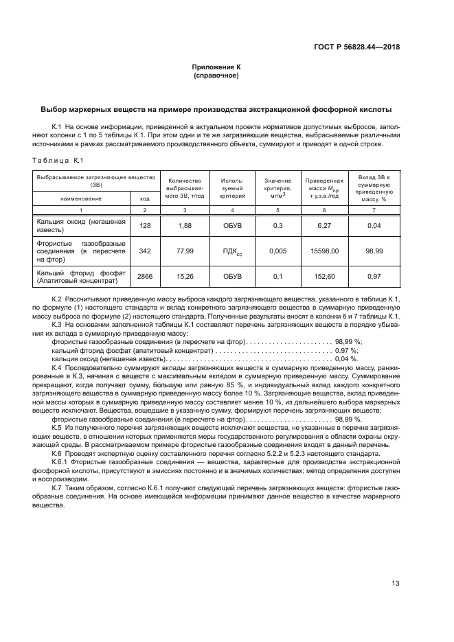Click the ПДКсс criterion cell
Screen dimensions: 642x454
point(231,252)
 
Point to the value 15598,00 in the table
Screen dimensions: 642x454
point(324,251)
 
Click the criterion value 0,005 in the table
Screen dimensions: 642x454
point(278,251)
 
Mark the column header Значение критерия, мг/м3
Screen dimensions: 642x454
point(278,185)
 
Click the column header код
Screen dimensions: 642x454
point(144,198)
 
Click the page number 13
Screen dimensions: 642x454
point(396,584)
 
